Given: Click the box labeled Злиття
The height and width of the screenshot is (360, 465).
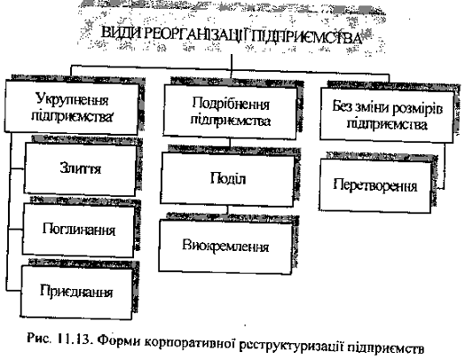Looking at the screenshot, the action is tap(80, 168).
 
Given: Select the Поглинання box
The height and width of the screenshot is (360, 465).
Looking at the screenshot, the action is tap(78, 231).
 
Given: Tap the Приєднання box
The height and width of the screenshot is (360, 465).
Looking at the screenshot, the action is tap(76, 292).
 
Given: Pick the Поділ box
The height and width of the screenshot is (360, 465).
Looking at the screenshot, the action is tap(227, 179).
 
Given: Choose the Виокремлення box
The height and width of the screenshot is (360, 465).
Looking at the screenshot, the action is tap(225, 247).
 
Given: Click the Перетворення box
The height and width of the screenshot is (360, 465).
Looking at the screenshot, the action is tap(375, 186).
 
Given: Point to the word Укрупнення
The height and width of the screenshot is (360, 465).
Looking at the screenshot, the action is tap(72, 99).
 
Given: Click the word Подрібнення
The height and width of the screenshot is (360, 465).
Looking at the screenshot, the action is tap(231, 104).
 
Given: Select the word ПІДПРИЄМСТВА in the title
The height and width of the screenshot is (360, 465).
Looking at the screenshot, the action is tap(309, 37).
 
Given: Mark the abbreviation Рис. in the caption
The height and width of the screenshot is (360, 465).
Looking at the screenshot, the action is tap(38, 338).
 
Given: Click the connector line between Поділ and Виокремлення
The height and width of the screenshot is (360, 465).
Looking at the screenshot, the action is tap(228, 210).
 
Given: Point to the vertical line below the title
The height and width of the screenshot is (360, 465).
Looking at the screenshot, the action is tap(232, 67).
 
